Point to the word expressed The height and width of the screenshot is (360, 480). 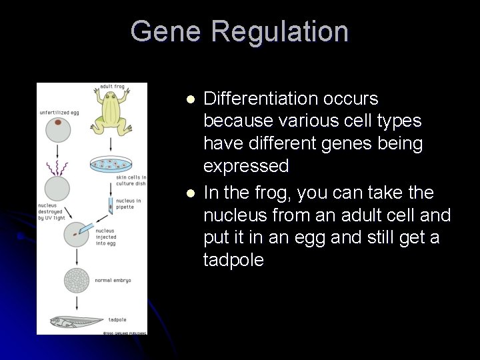coord(246,165)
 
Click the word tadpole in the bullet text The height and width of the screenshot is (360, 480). coord(233,260)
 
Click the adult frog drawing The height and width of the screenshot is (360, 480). coord(111,109)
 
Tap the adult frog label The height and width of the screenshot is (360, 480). coord(112,87)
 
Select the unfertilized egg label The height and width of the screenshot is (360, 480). coord(59,112)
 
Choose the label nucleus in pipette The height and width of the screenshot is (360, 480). coord(128,203)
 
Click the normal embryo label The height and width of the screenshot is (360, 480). coord(113,281)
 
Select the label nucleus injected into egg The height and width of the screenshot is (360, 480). coord(106,237)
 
